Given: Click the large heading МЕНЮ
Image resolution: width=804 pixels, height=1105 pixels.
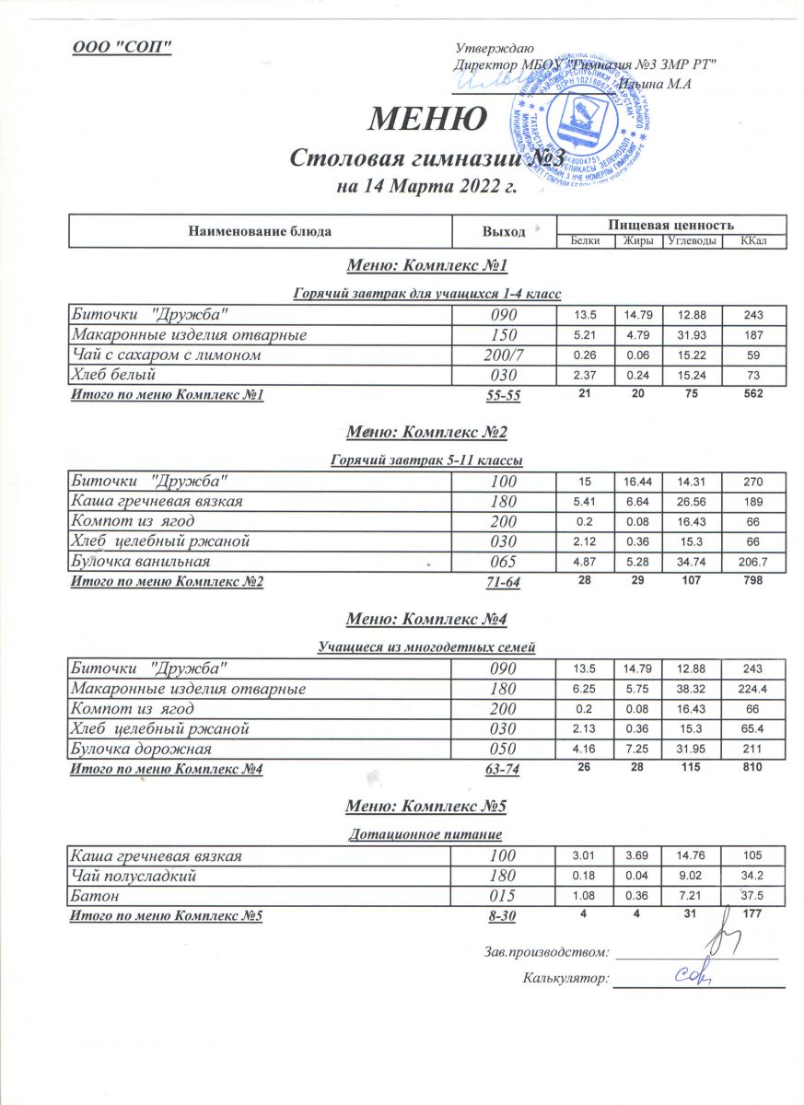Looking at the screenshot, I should click(428, 119).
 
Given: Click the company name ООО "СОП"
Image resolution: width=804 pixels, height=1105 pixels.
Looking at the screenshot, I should click(122, 47).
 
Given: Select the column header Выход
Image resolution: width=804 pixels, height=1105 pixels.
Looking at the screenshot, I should click(504, 231).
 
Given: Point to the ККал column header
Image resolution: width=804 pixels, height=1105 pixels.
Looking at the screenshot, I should click(752, 241).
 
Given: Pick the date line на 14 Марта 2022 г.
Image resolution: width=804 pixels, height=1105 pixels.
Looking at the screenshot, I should click(427, 189).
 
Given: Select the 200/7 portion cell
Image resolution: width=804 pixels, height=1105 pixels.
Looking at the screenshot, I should click(503, 355).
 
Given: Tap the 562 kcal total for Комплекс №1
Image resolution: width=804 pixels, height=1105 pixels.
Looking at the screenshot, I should click(752, 395).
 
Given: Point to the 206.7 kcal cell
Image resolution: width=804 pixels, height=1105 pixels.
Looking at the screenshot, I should click(752, 561).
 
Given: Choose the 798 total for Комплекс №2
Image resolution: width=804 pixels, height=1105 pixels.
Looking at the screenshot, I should click(752, 582).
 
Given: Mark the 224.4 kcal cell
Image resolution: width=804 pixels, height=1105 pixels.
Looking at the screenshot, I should click(752, 689).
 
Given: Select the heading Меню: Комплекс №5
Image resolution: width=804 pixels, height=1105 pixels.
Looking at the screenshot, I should click(426, 807).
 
